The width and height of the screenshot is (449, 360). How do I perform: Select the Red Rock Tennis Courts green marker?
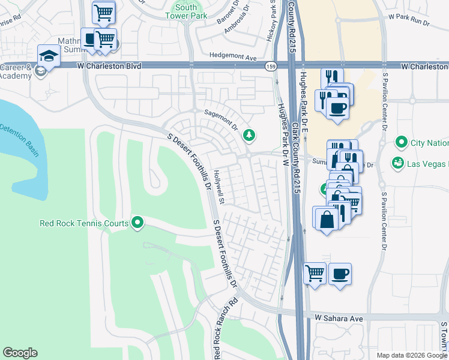(137, 223)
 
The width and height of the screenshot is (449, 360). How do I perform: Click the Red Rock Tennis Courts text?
(83, 223)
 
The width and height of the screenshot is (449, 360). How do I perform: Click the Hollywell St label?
(218, 187)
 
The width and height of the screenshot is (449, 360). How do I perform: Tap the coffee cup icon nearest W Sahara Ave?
(340, 274)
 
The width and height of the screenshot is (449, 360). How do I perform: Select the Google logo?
(20, 353)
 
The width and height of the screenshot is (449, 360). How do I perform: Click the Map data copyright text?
(412, 355)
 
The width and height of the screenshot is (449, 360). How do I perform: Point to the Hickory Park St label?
(271, 24)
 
